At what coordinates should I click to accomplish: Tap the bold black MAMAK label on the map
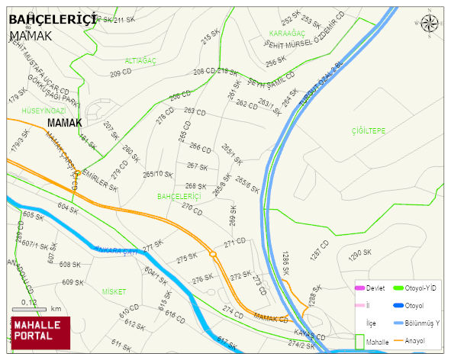tap(64, 122)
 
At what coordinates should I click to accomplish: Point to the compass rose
tap(431, 24)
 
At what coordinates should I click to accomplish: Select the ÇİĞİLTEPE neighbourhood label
tap(369, 131)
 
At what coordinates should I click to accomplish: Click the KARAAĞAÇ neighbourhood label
tap(287, 34)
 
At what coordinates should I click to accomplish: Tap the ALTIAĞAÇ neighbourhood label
tap(141, 59)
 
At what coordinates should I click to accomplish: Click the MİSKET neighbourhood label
tap(114, 291)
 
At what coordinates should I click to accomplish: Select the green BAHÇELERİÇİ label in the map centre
tap(179, 197)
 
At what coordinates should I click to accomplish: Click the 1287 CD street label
tap(319, 251)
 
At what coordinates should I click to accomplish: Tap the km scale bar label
tap(56, 309)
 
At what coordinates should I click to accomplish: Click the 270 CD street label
tap(192, 208)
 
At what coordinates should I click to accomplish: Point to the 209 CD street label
tap(122, 74)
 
